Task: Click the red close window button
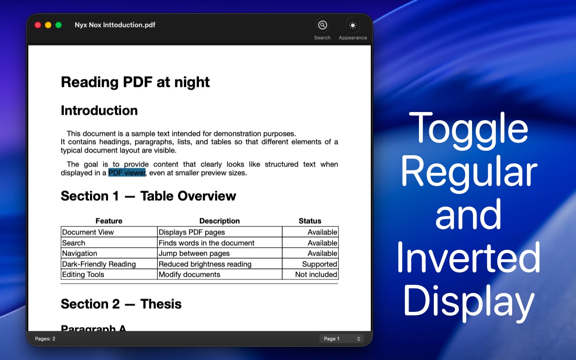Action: [38, 25]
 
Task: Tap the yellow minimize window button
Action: [48, 25]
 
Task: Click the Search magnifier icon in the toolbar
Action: [323, 25]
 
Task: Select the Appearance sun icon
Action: [353, 25]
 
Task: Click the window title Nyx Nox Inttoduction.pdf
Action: [115, 25]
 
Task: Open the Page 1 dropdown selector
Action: [342, 339]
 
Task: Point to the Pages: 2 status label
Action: [45, 339]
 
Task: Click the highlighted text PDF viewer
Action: [127, 172]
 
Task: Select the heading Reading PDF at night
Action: [135, 82]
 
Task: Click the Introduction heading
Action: [99, 111]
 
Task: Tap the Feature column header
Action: [109, 220]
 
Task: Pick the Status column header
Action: [310, 220]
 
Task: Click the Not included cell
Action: [316, 274]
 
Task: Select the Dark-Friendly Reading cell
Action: [99, 264]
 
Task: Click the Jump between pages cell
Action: [194, 253]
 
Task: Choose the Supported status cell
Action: [319, 264]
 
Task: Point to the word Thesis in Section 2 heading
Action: [161, 304]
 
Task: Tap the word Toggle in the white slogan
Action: [468, 130]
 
